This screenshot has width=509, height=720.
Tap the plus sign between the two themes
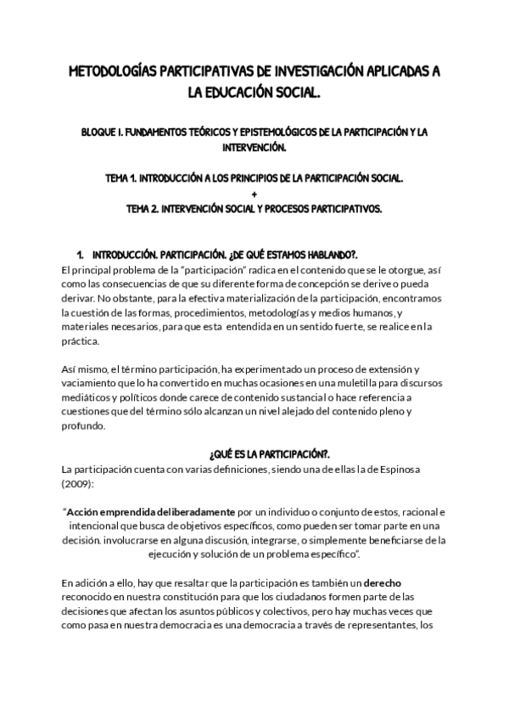pos(255,194)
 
